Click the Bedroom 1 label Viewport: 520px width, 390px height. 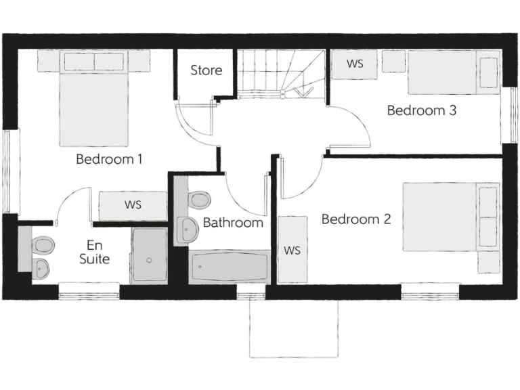tap(109, 160)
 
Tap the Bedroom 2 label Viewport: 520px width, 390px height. tap(356, 219)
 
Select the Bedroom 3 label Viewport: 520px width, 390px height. tap(421, 110)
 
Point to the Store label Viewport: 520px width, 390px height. tap(206, 70)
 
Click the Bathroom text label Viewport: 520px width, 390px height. tap(233, 222)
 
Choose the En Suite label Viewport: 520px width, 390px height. tap(94, 251)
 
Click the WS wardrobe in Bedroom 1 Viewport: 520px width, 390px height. tap(133, 205)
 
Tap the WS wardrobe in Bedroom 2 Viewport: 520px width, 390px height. tap(292, 250)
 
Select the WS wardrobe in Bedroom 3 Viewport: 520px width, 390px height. tap(354, 64)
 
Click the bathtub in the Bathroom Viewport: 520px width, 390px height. tap(229, 267)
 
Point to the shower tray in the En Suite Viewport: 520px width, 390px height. tap(148, 255)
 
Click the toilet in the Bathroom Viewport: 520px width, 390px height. tap(200, 200)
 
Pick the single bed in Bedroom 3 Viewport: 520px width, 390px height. tap(452, 72)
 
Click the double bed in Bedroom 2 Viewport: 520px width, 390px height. tap(450, 217)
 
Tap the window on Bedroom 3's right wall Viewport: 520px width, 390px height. tap(504, 115)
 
